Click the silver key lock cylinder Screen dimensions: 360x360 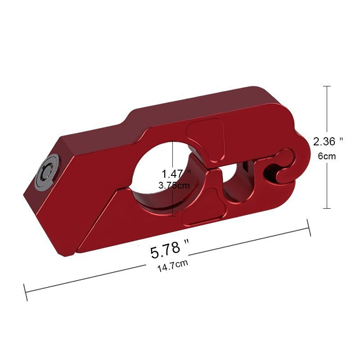point(47,172)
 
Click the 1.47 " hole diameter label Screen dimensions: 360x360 point(176,173)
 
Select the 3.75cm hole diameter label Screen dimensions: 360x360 point(176,185)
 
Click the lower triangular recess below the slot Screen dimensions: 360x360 point(202,209)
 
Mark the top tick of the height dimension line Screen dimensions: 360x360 point(327,86)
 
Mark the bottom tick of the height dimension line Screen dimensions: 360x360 point(327,208)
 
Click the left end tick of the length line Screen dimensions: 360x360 point(26,292)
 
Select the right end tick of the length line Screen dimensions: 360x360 point(309,228)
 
